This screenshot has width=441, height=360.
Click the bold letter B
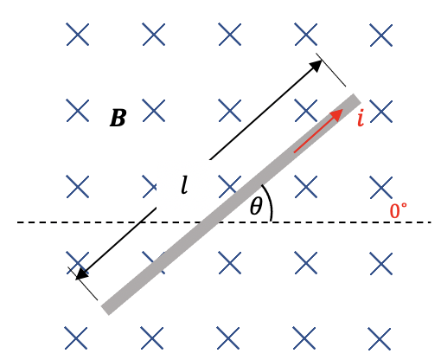(x=118, y=118)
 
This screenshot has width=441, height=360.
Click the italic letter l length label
(x=184, y=184)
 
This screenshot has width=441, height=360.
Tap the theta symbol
(x=256, y=206)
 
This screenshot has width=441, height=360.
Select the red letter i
(x=361, y=119)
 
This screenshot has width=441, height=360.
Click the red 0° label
(x=399, y=210)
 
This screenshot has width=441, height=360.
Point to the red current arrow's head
(x=336, y=114)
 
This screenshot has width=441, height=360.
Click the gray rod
(x=231, y=204)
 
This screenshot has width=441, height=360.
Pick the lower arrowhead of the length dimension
(x=82, y=273)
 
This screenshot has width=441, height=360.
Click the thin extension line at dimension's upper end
(x=331, y=70)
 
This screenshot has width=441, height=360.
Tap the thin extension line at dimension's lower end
(x=83, y=284)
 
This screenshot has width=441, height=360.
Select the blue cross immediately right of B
(x=154, y=110)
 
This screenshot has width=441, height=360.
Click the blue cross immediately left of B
(x=78, y=110)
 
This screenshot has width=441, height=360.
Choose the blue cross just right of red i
(x=381, y=112)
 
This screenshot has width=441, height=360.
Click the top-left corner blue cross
(x=78, y=35)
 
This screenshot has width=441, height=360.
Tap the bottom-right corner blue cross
(x=380, y=338)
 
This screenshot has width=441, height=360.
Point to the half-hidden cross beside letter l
(x=150, y=187)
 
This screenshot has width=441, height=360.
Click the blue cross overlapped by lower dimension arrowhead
(x=78, y=262)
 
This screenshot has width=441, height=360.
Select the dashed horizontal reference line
(x=224, y=222)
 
